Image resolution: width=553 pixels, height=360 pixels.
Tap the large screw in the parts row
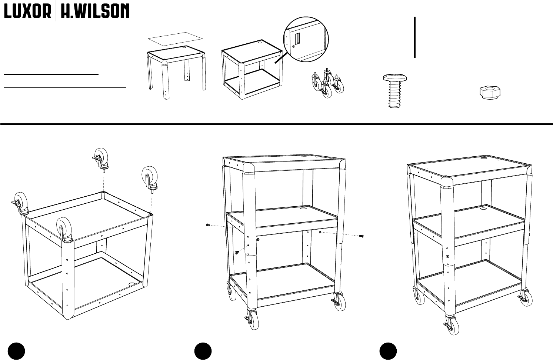click(x=395, y=91)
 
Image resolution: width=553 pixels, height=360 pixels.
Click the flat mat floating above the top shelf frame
click(x=176, y=38)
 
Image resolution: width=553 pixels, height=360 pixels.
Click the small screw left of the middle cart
click(x=208, y=225)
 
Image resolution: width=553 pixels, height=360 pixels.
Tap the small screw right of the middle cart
click(x=362, y=236)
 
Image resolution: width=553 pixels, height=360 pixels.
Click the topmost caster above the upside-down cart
click(x=100, y=157)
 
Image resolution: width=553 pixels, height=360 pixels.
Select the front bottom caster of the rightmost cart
click(x=452, y=325)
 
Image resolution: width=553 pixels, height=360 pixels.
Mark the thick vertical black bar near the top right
click(x=415, y=37)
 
